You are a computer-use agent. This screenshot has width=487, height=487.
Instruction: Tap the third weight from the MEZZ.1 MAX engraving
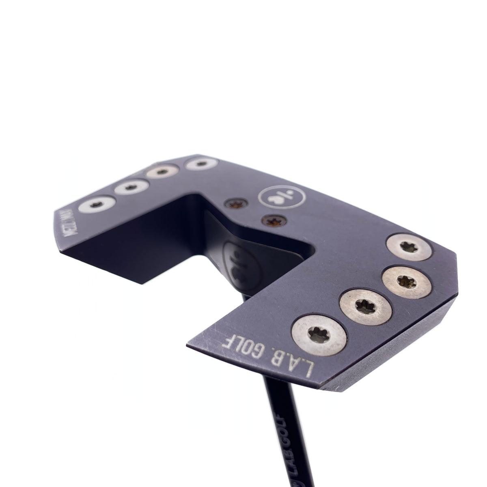click(162, 172)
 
